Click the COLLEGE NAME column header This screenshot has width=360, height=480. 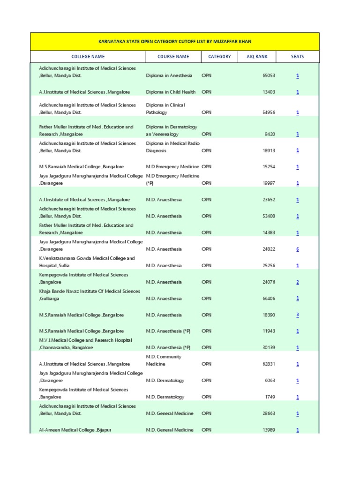pos(88,57)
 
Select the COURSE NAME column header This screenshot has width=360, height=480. pos(173,57)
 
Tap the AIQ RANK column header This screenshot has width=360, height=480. pos(257,57)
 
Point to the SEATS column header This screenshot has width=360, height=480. pos(297,57)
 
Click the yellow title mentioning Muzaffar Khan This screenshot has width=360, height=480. pos(174,41)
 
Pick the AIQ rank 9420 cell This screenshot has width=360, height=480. pos(270,134)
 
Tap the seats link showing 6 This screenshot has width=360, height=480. pos(297,249)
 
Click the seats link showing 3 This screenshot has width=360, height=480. pos(297,315)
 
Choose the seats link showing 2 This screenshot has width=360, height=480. pos(297,282)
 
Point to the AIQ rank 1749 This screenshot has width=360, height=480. pos(270,397)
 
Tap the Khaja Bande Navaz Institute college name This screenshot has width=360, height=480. pos(89,295)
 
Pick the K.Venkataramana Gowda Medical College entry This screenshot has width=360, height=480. pos(87,262)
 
